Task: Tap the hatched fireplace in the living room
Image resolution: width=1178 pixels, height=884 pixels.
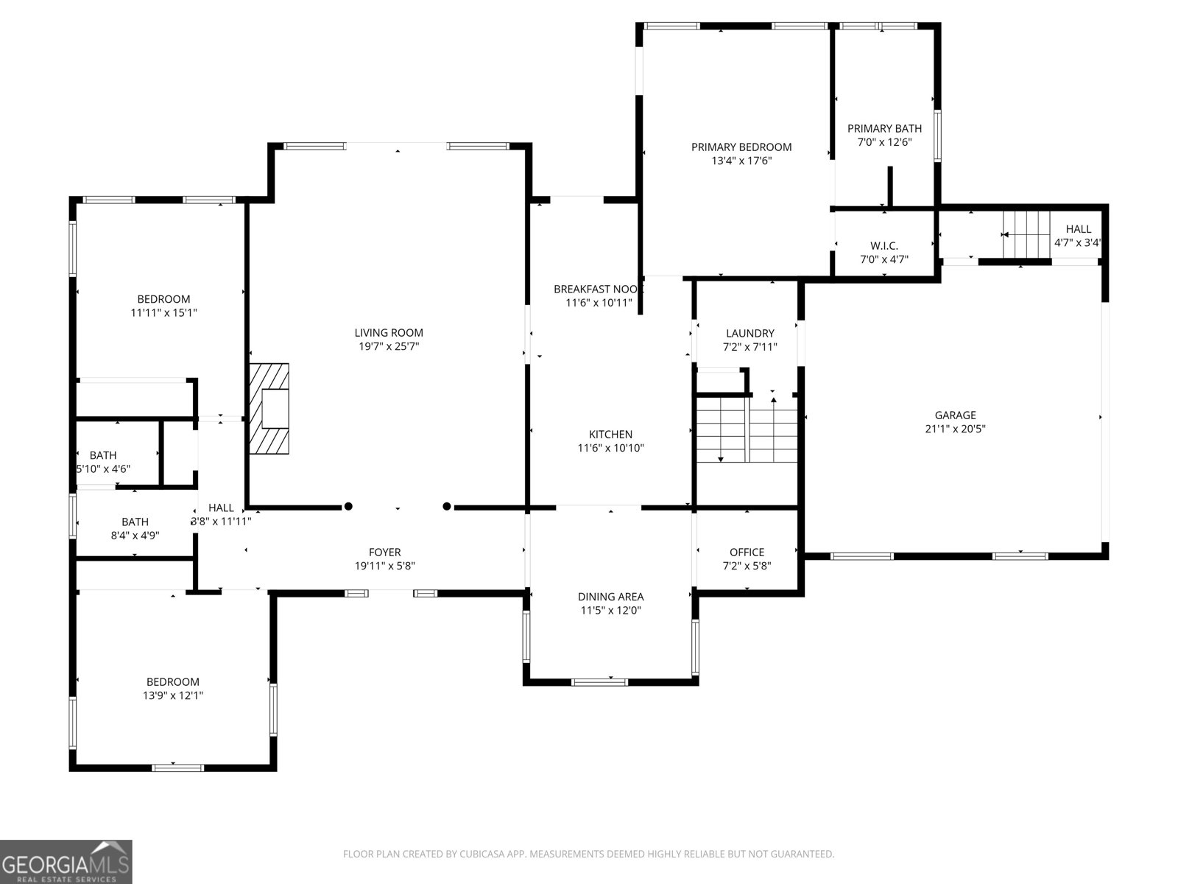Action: pyautogui.click(x=269, y=409)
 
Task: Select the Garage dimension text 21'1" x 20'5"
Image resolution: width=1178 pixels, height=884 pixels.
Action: pyautogui.click(x=955, y=429)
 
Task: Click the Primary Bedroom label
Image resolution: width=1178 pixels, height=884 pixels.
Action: pyautogui.click(x=741, y=147)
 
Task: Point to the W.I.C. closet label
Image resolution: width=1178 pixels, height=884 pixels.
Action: pyautogui.click(x=883, y=246)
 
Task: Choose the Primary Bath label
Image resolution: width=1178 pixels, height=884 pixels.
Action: pyautogui.click(x=884, y=128)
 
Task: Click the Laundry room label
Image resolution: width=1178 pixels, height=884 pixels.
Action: pyautogui.click(x=750, y=334)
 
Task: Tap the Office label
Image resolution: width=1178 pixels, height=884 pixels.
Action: pyautogui.click(x=747, y=552)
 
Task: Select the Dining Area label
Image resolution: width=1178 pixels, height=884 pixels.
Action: pyautogui.click(x=610, y=597)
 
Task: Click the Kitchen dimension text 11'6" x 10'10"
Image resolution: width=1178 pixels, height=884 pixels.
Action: pyautogui.click(x=610, y=448)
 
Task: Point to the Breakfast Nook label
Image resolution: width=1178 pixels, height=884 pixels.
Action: pyautogui.click(x=598, y=290)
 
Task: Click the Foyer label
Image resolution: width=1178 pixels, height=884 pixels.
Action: pyautogui.click(x=384, y=552)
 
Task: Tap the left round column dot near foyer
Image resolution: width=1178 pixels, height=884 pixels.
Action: pyautogui.click(x=348, y=507)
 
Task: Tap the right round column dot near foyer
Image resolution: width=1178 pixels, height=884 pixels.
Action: pyautogui.click(x=447, y=507)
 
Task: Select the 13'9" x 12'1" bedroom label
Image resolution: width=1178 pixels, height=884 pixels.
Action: pyautogui.click(x=172, y=682)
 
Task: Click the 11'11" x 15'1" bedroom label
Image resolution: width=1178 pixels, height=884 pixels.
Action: pyautogui.click(x=163, y=299)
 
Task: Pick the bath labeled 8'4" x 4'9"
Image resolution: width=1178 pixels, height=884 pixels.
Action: pyautogui.click(x=135, y=522)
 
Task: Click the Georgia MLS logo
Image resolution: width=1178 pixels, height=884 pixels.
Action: pyautogui.click(x=66, y=861)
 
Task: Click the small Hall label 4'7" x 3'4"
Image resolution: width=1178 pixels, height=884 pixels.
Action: pyautogui.click(x=1079, y=230)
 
